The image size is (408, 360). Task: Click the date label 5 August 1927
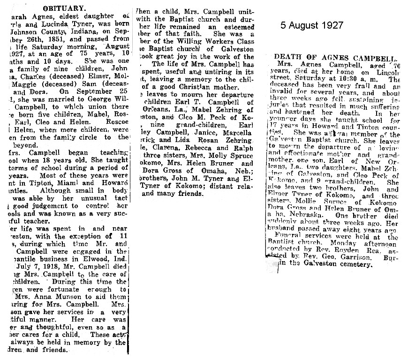pyautogui.click(x=312, y=25)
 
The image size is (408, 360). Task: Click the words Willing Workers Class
pyautogui.click(x=207, y=43)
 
